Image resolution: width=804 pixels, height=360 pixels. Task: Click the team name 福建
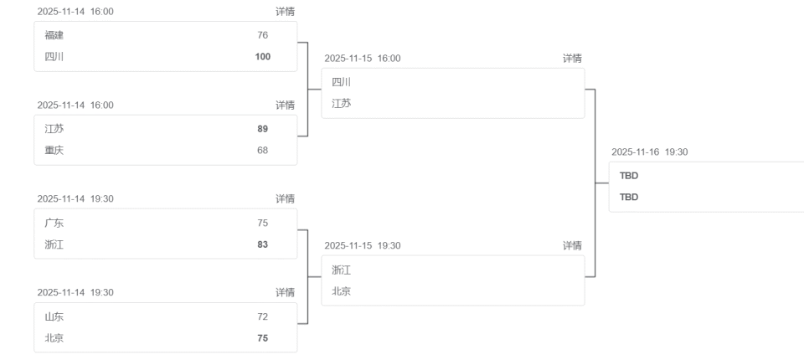(x=54, y=35)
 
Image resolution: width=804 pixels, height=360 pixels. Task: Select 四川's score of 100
(x=263, y=57)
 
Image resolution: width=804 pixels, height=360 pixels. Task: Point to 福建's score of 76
(x=263, y=35)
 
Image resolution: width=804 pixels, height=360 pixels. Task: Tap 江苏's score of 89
(x=263, y=129)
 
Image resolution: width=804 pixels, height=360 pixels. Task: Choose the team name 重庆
(x=54, y=151)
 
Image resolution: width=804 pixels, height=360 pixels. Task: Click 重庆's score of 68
(x=263, y=151)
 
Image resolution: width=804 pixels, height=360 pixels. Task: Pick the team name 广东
(x=54, y=223)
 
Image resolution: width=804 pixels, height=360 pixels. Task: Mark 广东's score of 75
(x=263, y=223)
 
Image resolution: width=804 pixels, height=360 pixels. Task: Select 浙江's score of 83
(x=263, y=244)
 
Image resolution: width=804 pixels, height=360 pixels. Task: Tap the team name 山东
(x=54, y=316)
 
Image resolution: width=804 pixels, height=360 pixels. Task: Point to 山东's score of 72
(x=263, y=316)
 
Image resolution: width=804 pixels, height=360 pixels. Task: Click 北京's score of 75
(x=263, y=338)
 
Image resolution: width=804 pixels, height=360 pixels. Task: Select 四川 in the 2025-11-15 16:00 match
(x=341, y=82)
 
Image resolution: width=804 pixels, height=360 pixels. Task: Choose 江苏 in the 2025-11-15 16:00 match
(x=341, y=103)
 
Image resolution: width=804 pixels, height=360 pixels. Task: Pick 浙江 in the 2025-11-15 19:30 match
(x=341, y=270)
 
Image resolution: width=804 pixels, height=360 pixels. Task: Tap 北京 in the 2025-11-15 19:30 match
(x=341, y=291)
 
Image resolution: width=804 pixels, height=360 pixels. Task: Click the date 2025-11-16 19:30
(x=650, y=152)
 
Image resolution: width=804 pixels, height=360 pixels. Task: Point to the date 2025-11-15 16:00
(x=363, y=58)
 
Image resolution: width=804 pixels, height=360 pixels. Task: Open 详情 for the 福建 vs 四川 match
(x=285, y=11)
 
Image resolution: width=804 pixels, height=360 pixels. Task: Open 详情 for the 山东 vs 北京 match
(x=285, y=292)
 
